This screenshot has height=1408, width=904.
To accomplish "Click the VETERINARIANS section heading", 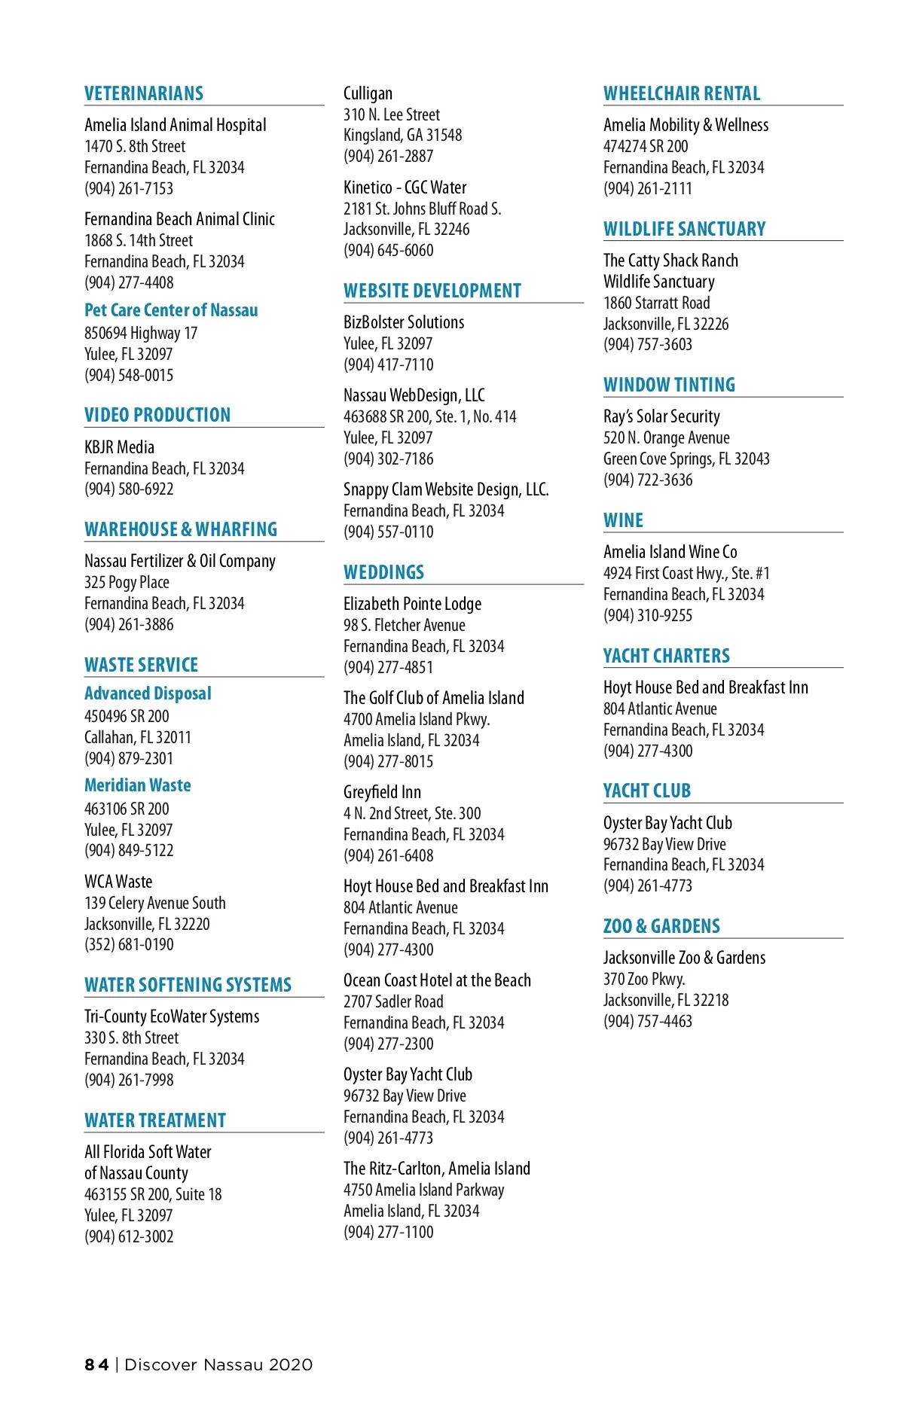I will click(144, 93).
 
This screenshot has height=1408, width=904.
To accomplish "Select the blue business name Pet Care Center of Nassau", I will click(171, 310).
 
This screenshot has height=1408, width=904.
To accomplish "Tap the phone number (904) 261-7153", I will click(129, 188).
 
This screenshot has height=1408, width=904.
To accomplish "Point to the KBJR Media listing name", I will click(119, 447).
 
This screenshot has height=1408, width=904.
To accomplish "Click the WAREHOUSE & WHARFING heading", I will click(181, 529).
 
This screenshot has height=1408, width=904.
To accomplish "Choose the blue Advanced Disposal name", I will click(148, 693).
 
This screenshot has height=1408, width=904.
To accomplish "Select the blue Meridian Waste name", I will click(138, 785).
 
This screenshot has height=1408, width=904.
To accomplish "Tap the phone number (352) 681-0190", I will click(129, 944).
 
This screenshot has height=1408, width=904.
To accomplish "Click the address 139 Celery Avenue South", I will click(155, 903).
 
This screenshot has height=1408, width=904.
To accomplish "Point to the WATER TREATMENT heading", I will click(155, 1120).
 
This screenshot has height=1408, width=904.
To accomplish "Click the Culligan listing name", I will click(368, 93).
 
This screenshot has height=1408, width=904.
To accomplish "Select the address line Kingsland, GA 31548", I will click(403, 136).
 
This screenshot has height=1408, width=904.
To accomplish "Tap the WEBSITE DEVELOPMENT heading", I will click(432, 291).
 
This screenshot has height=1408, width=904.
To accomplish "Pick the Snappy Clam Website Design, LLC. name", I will click(446, 489).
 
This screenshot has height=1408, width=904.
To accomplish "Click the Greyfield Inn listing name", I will click(382, 792).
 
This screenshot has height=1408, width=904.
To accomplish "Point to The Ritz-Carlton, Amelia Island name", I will click(437, 1169).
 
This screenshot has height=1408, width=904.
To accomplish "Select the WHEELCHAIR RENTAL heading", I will click(682, 93).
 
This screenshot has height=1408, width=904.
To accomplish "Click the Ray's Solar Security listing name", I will click(661, 416).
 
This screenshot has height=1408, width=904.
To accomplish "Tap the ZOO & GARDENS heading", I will click(661, 926).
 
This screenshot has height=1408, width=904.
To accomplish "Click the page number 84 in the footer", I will click(96, 1365).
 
